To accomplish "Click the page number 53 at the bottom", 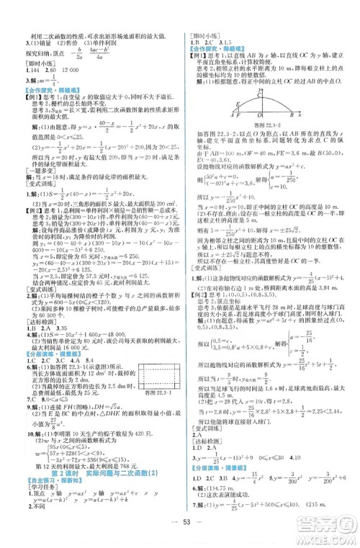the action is click(x=180, y=521).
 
